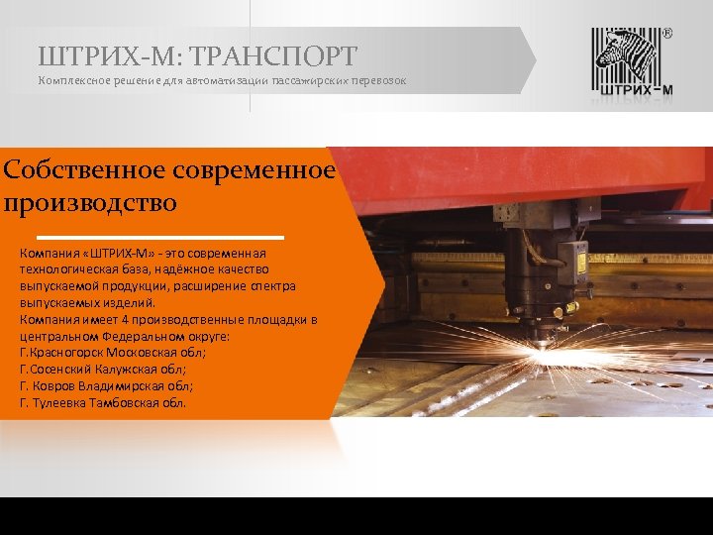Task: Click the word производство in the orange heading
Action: [x=90, y=204]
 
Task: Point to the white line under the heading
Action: [x=209, y=239]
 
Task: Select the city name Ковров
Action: [x=57, y=386]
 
